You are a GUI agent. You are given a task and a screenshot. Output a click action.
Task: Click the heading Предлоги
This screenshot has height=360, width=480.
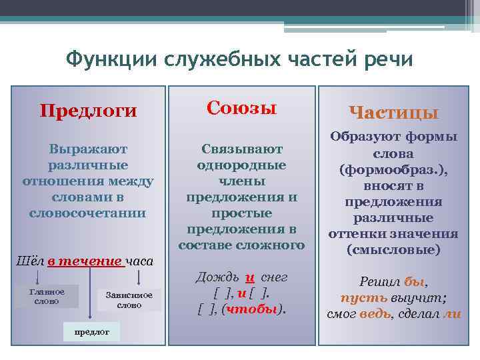pos(88,110)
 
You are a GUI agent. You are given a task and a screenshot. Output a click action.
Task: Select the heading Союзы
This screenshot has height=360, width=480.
pos(241,107)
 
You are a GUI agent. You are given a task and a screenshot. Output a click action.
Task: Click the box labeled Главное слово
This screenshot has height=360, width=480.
pos(48,297)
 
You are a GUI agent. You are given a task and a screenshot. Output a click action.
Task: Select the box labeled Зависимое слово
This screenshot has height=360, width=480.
pos(129,300)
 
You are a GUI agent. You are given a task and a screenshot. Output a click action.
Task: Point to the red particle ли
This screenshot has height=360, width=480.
pos(451,314)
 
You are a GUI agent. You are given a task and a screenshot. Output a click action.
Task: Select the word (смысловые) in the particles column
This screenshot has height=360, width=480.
pos(393,250)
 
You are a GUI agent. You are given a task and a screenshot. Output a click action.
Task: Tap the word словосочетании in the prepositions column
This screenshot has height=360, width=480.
pos(87,213)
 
